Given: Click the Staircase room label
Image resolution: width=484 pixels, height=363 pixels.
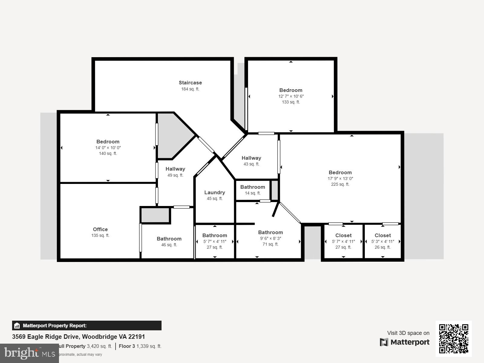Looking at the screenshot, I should [x=190, y=83].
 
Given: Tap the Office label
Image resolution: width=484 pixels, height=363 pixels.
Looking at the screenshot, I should [x=100, y=229].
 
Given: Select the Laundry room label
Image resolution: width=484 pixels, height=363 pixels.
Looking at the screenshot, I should [x=214, y=192].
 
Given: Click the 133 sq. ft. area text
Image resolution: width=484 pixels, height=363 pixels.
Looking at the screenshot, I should [x=291, y=102].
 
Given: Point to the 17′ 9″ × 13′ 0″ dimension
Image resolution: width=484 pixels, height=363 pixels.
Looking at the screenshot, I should [x=340, y=178].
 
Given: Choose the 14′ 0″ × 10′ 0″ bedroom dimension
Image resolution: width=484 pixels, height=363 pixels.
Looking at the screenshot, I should [x=108, y=148].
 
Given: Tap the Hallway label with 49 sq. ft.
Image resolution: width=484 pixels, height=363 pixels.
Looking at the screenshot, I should [x=175, y=169].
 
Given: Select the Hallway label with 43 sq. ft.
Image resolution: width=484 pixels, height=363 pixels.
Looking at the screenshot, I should [x=251, y=158].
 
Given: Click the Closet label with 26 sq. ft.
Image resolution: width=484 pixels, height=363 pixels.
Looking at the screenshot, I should [x=383, y=235].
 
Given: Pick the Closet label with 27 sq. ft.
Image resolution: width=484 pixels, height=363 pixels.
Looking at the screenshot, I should [x=343, y=235].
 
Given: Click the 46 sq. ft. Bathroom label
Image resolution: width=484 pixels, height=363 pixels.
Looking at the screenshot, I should [x=169, y=239].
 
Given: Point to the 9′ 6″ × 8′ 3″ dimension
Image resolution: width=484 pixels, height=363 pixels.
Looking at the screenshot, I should [x=270, y=238].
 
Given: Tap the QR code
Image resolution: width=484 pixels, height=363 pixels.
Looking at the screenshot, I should [x=453, y=338].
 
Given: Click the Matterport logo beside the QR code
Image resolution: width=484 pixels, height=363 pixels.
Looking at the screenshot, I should [x=405, y=342].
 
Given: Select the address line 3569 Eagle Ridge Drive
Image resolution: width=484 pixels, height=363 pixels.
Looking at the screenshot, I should [x=78, y=337].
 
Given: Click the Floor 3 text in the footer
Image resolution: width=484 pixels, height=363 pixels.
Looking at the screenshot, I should [x=127, y=346].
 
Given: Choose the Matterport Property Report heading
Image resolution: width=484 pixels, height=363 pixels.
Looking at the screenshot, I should [x=55, y=325].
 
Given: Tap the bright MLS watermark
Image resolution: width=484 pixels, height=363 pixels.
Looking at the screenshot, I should [x=29, y=353].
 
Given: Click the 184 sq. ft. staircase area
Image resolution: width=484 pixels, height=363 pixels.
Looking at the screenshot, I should [x=190, y=89].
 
